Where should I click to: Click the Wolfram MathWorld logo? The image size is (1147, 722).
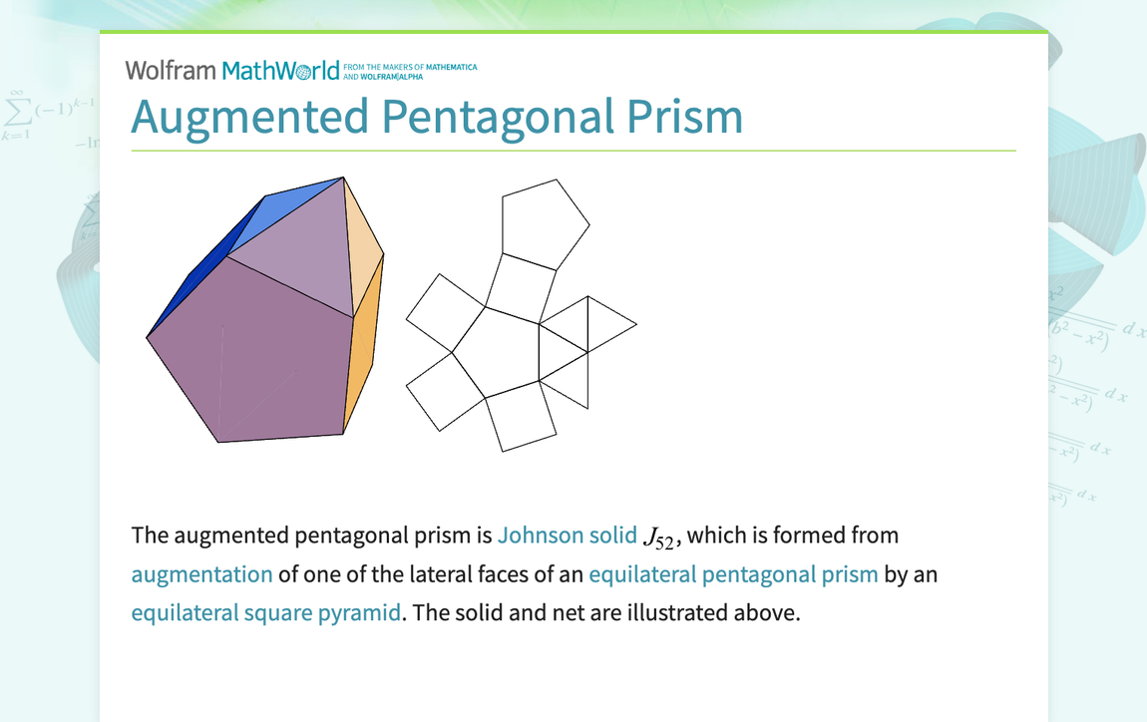click(232, 71)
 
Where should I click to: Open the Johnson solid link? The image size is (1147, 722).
click(567, 536)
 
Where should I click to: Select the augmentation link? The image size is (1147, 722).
click(201, 574)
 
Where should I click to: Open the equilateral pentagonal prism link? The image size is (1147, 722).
click(733, 574)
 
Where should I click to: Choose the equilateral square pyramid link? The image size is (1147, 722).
click(265, 612)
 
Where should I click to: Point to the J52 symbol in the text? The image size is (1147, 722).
click(660, 538)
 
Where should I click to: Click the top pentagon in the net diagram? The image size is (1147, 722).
click(543, 221)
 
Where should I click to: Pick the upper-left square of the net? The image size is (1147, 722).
click(446, 311)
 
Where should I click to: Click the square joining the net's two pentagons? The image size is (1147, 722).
click(521, 287)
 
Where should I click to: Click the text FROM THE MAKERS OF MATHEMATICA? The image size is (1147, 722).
click(410, 67)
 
